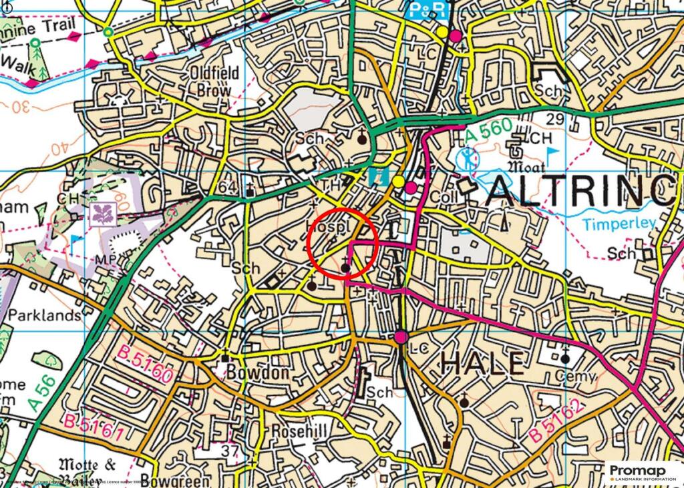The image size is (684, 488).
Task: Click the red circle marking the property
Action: [x=343, y=244]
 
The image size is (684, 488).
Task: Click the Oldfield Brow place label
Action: [x=210, y=79]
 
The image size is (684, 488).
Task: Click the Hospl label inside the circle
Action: [x=328, y=228]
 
